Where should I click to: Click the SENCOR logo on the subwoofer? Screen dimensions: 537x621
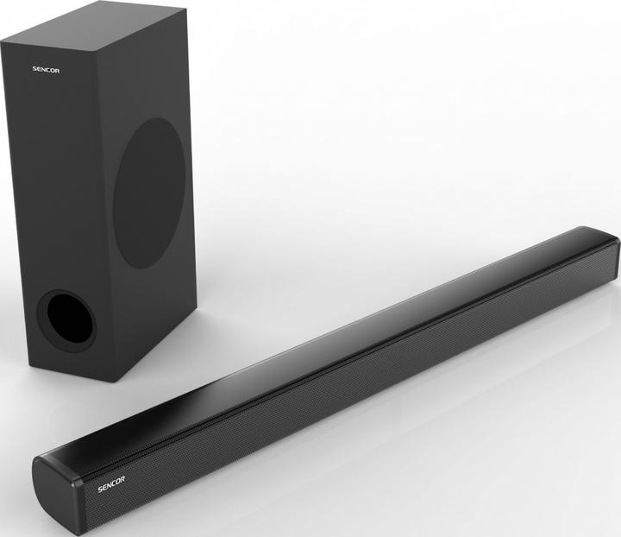[x=46, y=69]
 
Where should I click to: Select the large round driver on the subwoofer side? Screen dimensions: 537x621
[x=148, y=192]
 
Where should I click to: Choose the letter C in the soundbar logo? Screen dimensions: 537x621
[x=107, y=478]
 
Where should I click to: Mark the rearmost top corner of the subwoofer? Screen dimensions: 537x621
[x=184, y=9]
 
